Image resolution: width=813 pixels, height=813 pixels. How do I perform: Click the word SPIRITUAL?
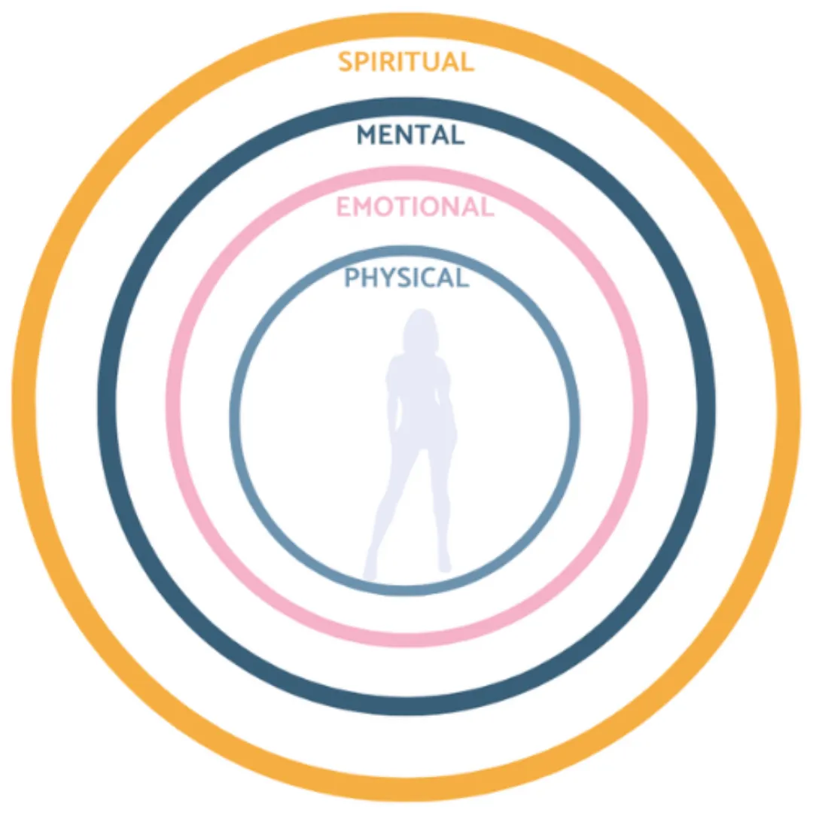click(x=406, y=61)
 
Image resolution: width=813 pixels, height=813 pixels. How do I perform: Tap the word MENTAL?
click(x=410, y=135)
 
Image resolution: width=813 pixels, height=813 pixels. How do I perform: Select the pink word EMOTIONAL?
click(x=415, y=206)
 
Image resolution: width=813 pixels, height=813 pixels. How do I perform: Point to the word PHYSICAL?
click(x=406, y=278)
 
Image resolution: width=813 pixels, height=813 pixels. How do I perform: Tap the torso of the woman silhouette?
click(x=420, y=399)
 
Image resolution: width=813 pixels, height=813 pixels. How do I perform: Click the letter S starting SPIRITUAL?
click(x=346, y=61)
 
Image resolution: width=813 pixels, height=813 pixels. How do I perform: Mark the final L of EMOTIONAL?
click(x=486, y=206)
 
